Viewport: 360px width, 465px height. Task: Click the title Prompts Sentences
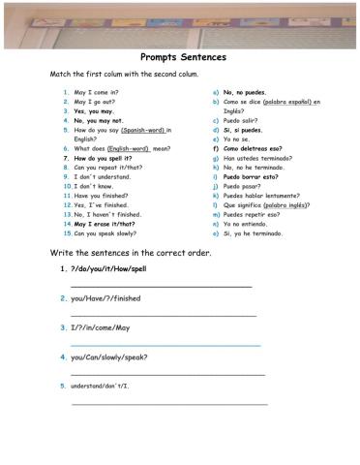[183, 57]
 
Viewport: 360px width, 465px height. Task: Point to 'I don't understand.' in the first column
[103, 176]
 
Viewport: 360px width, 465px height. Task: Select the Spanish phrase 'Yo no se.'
[238, 139]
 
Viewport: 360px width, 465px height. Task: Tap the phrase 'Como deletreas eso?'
[253, 148]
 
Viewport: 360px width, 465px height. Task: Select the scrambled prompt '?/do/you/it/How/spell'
[108, 267]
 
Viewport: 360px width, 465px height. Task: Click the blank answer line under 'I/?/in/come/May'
[165, 345]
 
